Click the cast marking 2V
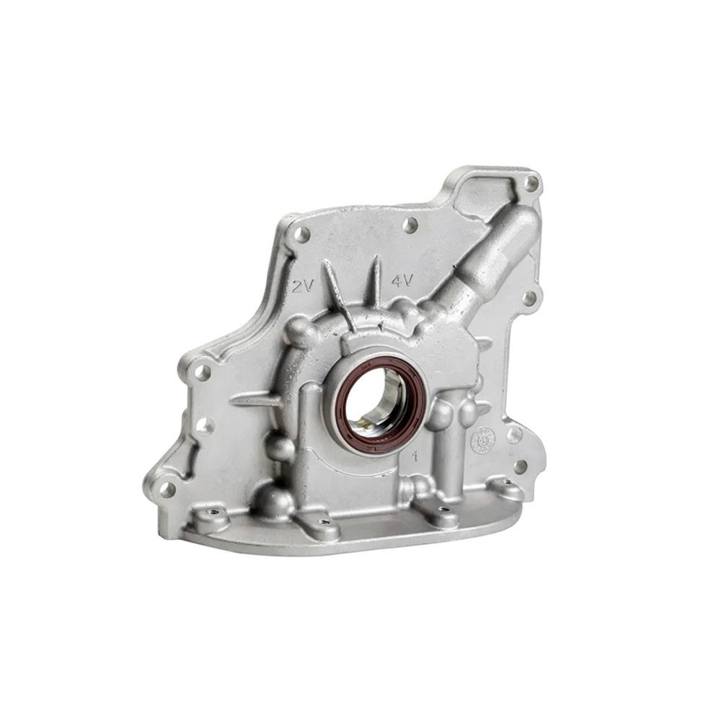click(302, 286)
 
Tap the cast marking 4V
click(402, 280)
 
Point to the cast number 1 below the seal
click(415, 456)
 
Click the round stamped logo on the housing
click(483, 440)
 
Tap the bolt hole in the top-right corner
click(531, 183)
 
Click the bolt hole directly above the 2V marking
click(302, 234)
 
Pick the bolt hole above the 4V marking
click(410, 225)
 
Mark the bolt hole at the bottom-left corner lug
click(167, 490)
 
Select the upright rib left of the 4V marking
click(374, 283)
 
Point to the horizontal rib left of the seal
click(256, 399)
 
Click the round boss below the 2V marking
click(300, 331)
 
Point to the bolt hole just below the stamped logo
click(519, 466)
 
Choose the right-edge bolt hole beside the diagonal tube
click(529, 297)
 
